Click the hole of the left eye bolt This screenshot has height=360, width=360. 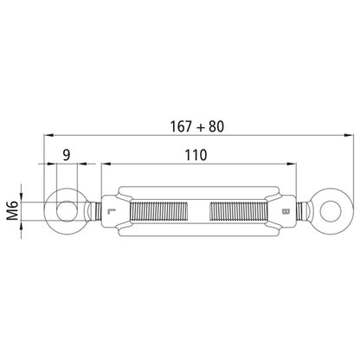tap(66, 209)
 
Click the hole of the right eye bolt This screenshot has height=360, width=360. tap(332, 209)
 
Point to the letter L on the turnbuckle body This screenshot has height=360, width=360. tap(110, 211)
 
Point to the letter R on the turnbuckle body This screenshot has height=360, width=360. tap(286, 211)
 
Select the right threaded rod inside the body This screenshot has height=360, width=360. tap(245, 209)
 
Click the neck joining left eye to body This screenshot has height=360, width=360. tap(93, 209)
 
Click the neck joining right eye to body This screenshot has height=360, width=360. tap(304, 209)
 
